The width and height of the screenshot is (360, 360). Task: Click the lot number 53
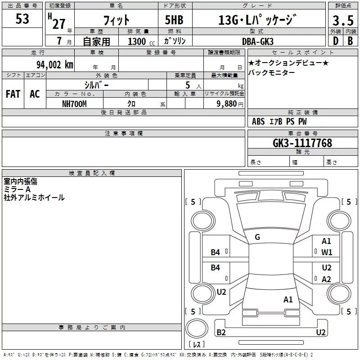pyautogui.click(x=22, y=19)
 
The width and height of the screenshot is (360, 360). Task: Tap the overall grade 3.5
pyautogui.click(x=343, y=20)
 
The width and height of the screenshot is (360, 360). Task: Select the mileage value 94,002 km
pyautogui.click(x=55, y=65)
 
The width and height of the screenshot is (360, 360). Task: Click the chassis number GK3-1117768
pyautogui.click(x=302, y=143)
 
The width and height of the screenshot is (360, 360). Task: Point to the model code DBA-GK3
pyautogui.click(x=258, y=41)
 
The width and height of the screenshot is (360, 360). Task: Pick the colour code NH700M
pyautogui.click(x=74, y=104)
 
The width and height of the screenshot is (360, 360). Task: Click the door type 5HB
pyautogui.click(x=174, y=20)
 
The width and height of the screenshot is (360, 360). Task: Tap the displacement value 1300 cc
pyautogui.click(x=141, y=41)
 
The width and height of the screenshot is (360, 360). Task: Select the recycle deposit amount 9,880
pyautogui.click(x=227, y=104)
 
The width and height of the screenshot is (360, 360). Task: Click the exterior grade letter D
pyautogui.click(x=336, y=41)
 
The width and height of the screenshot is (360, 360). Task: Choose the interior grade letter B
pyautogui.click(x=350, y=41)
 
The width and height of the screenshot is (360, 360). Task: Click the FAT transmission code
pyautogui.click(x=13, y=94)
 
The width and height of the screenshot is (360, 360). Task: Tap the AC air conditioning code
pyautogui.click(x=35, y=94)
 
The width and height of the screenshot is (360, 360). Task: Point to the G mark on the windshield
pyautogui.click(x=257, y=237)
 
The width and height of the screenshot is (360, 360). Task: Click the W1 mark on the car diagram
pyautogui.click(x=327, y=252)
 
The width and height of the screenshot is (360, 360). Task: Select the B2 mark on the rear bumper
pyautogui.click(x=221, y=332)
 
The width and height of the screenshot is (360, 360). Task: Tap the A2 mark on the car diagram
pyautogui.click(x=326, y=279)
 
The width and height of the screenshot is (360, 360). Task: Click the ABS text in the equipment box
pyautogui.click(x=258, y=121)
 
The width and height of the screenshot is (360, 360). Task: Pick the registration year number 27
pyautogui.click(x=59, y=24)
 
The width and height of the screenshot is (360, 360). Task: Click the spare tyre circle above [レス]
pyautogui.click(x=197, y=328)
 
